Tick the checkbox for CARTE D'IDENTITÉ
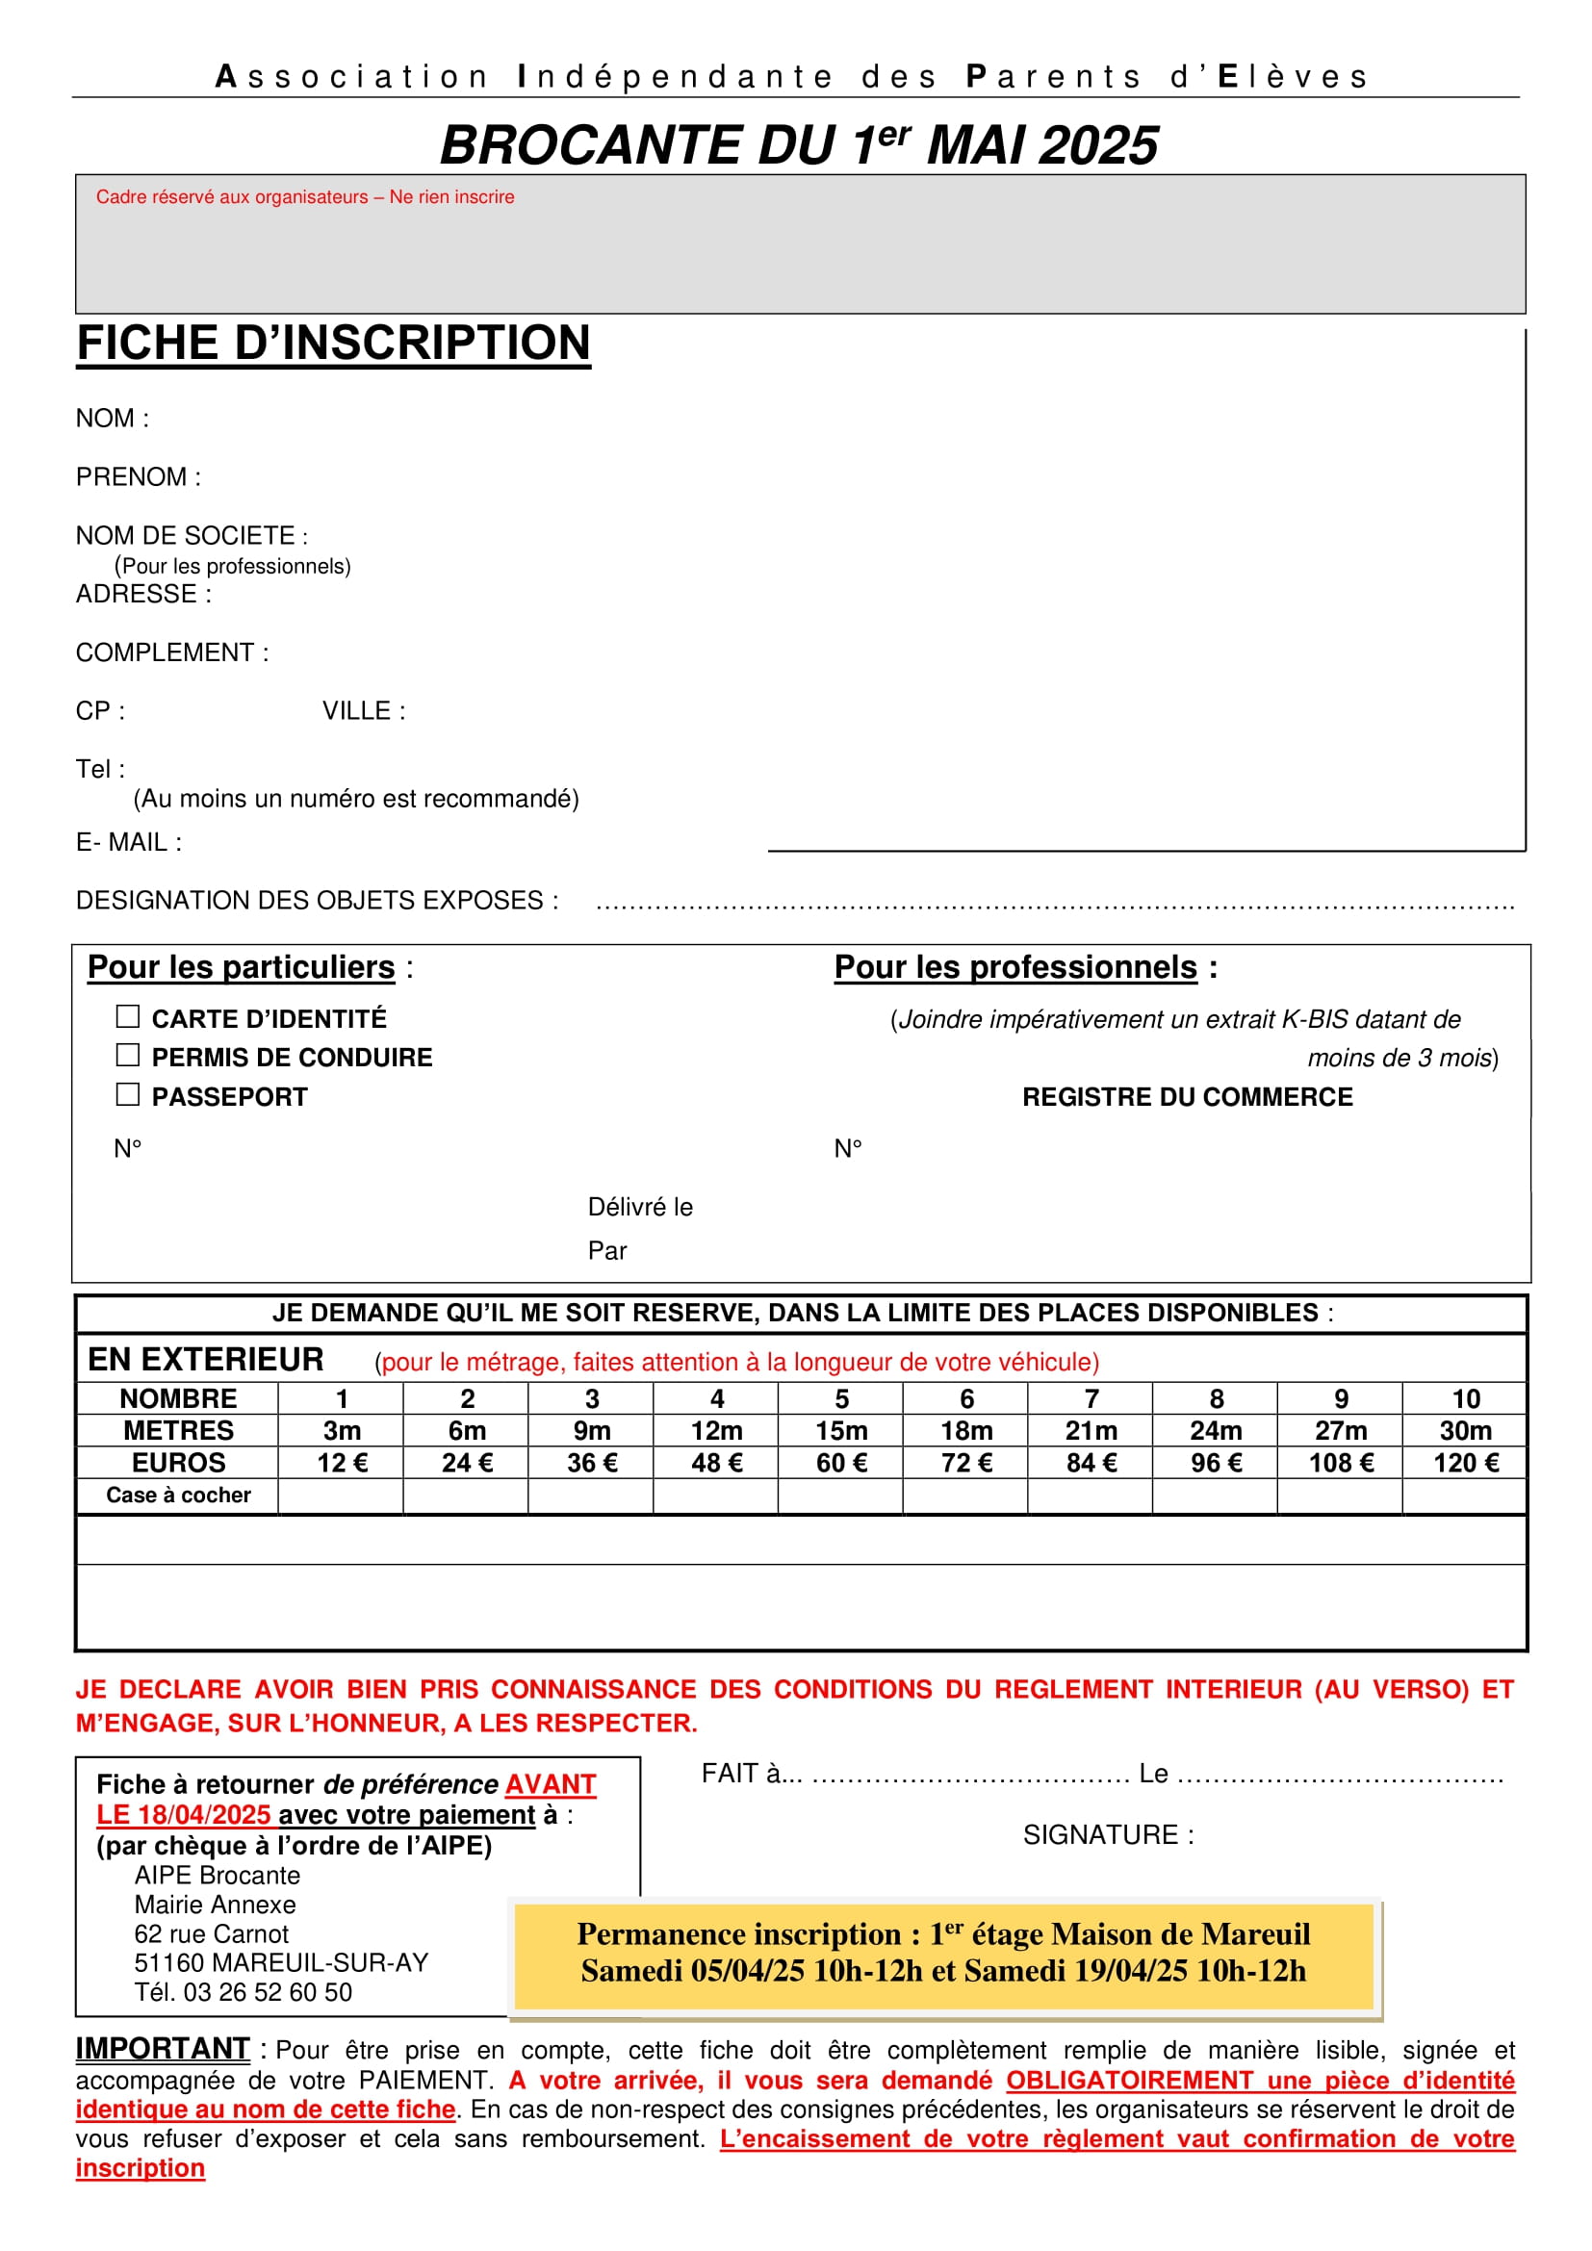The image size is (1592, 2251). tap(127, 1016)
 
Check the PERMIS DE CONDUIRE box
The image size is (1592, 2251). tap(127, 1055)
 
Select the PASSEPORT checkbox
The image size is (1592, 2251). tap(127, 1094)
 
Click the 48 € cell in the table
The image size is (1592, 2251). tap(717, 1463)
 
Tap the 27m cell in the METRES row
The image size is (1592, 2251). tap(1340, 1430)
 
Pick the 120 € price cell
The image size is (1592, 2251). tap(1466, 1463)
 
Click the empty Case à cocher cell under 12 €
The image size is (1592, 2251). tap(341, 1496)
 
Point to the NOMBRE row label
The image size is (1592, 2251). tap(178, 1399)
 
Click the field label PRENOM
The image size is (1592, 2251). tap(131, 477)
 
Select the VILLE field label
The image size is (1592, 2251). tap(357, 711)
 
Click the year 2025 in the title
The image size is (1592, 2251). tap(1098, 146)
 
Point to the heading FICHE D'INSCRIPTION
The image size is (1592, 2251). tap(333, 344)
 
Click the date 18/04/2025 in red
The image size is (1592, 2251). tap(204, 1815)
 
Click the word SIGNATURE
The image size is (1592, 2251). tap(1100, 1835)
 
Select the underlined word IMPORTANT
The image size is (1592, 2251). tap(163, 2049)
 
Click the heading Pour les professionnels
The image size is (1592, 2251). tap(1015, 967)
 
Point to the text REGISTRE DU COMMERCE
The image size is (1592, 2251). tap(1187, 1097)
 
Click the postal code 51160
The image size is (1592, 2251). tap(168, 1962)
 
